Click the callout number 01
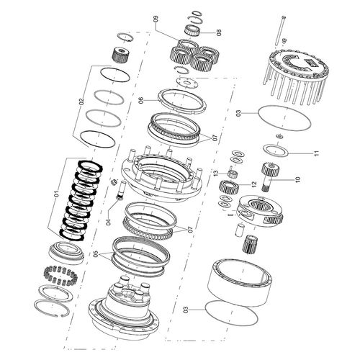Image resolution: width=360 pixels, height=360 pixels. [x=56, y=194]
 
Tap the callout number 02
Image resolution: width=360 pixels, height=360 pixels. [x=81, y=102]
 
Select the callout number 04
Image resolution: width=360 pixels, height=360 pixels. [x=109, y=222]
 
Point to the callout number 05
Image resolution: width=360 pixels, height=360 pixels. [x=96, y=253]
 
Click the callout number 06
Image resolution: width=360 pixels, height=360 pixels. [x=141, y=100]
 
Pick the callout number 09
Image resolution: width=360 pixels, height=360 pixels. [x=156, y=19]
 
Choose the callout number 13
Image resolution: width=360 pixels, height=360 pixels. [x=216, y=173]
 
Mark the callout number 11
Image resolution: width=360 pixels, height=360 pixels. [x=317, y=153]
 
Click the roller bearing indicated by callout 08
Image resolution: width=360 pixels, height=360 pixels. [x=194, y=30]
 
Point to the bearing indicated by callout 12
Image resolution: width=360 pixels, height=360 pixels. [x=229, y=186]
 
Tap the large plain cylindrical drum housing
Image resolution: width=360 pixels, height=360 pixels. [x=239, y=283]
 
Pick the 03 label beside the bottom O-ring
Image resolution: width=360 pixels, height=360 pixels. [x=185, y=310]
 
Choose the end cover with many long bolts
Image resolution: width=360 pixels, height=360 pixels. [x=294, y=75]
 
